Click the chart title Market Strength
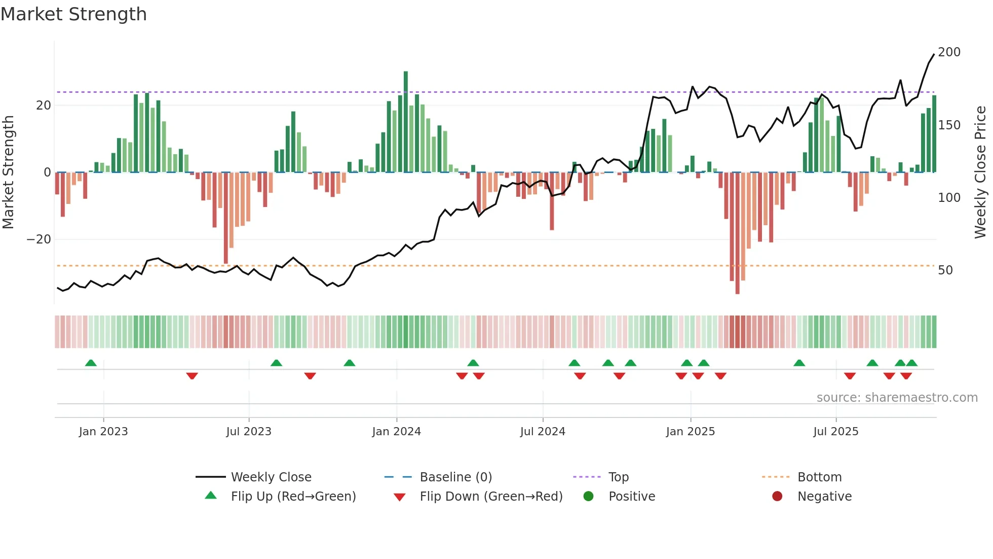click(74, 14)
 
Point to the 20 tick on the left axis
click(44, 106)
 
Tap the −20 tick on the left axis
click(39, 239)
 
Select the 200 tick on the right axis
click(949, 52)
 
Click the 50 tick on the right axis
click(945, 270)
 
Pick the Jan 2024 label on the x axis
click(396, 432)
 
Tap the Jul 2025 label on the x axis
click(835, 432)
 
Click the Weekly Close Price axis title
click(980, 172)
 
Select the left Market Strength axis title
click(8, 172)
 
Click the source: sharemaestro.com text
click(897, 398)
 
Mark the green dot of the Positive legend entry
click(588, 497)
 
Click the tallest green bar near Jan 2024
click(405, 122)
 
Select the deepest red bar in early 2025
click(737, 233)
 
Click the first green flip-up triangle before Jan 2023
click(91, 363)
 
